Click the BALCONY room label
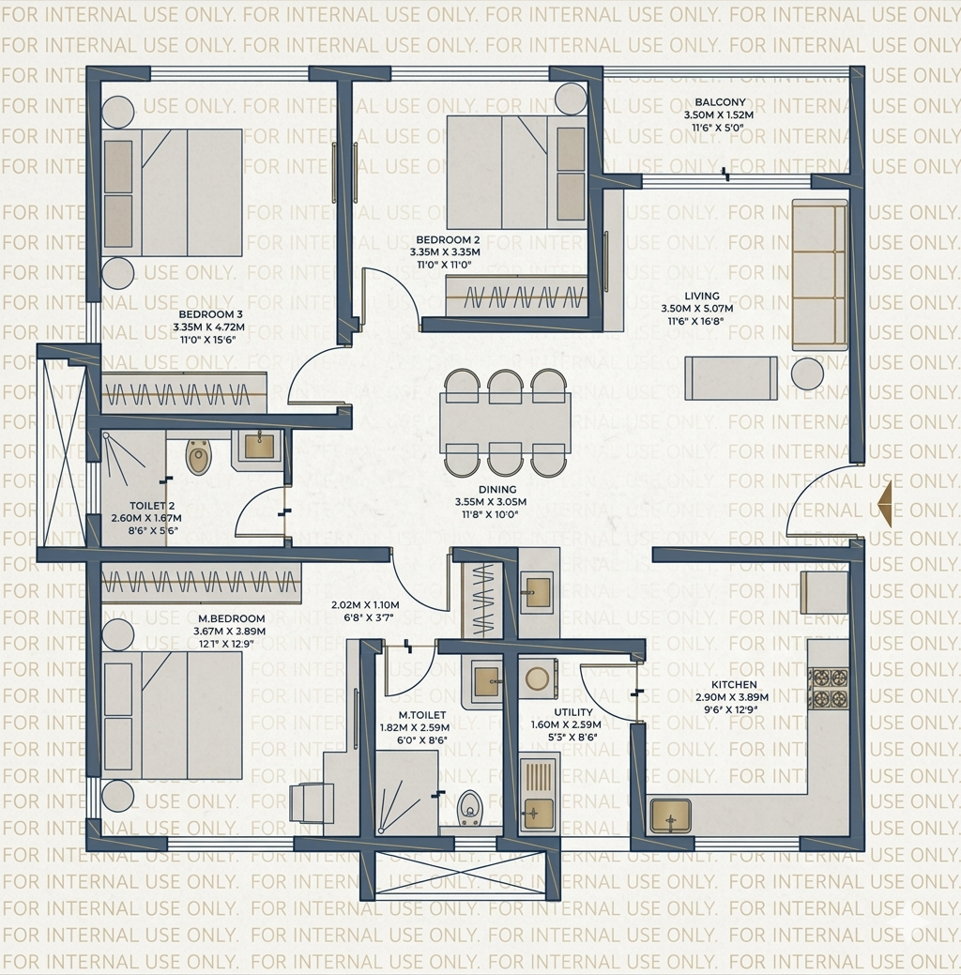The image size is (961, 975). coord(720,102)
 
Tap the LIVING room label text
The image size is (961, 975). coord(701,296)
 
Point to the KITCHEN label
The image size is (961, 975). coord(733,685)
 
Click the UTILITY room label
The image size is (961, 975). coord(572,713)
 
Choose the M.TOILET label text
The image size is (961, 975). coord(421,715)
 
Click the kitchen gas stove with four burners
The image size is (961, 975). coord(829,687)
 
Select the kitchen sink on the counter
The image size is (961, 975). coord(670,815)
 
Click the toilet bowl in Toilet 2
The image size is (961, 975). coord(199,457)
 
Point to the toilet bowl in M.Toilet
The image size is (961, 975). coord(469,808)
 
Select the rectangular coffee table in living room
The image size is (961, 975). coord(730,378)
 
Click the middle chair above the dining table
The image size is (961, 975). coord(505,386)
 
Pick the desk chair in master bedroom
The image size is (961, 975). coord(310,803)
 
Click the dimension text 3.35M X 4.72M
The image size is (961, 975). coord(208,328)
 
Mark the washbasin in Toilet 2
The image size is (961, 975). coord(258,445)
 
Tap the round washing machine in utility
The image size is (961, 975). coord(538,678)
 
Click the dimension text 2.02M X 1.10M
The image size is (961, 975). coord(365,605)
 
